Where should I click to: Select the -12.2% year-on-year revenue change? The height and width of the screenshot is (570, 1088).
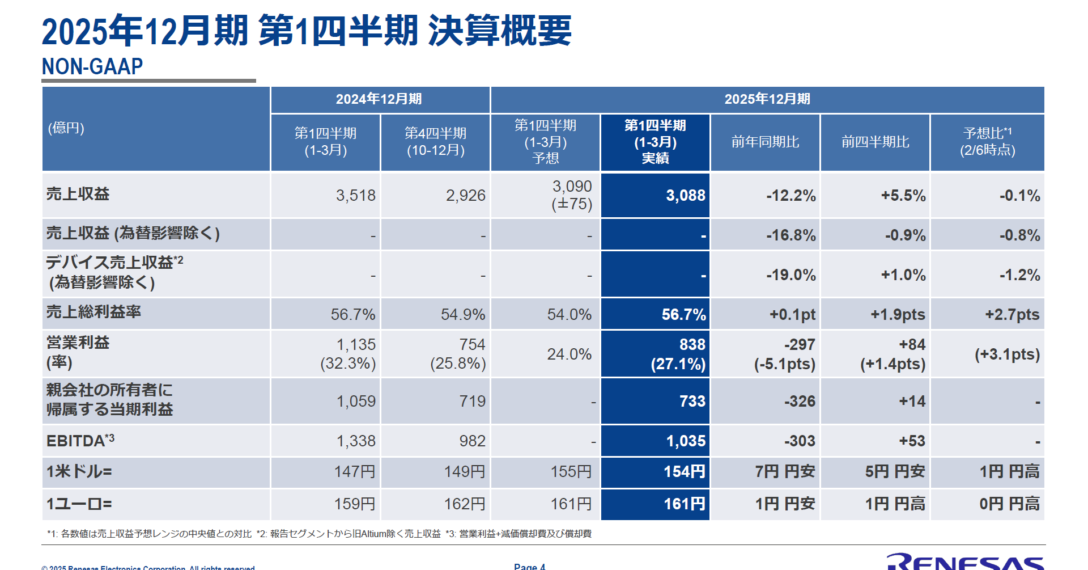[x=790, y=196]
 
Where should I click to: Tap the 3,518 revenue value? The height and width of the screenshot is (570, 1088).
[x=355, y=196]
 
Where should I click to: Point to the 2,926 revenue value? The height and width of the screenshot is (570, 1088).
[x=465, y=196]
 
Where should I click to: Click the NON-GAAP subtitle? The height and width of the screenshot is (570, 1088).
[x=92, y=67]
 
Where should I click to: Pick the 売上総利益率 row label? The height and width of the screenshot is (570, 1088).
[x=93, y=312]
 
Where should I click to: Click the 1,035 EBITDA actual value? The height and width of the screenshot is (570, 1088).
[x=686, y=441]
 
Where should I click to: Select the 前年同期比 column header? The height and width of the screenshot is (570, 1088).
[x=765, y=142]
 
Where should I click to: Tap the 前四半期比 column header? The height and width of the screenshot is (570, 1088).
[x=875, y=142]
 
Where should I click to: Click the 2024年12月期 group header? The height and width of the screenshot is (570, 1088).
[x=379, y=99]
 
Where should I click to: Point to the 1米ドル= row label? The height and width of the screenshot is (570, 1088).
[x=79, y=471]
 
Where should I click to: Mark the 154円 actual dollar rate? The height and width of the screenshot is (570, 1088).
[x=685, y=471]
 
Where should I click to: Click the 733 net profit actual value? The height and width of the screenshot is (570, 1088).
[x=692, y=401]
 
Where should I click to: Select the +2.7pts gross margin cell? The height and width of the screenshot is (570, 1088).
[x=1012, y=315]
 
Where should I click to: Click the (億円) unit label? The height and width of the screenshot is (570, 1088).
[x=66, y=128]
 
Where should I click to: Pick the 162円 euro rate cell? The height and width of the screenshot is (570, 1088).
[x=465, y=504]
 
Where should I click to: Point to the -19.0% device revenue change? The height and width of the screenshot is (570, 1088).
[x=790, y=275]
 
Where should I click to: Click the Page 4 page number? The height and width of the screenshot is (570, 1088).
[x=529, y=566]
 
